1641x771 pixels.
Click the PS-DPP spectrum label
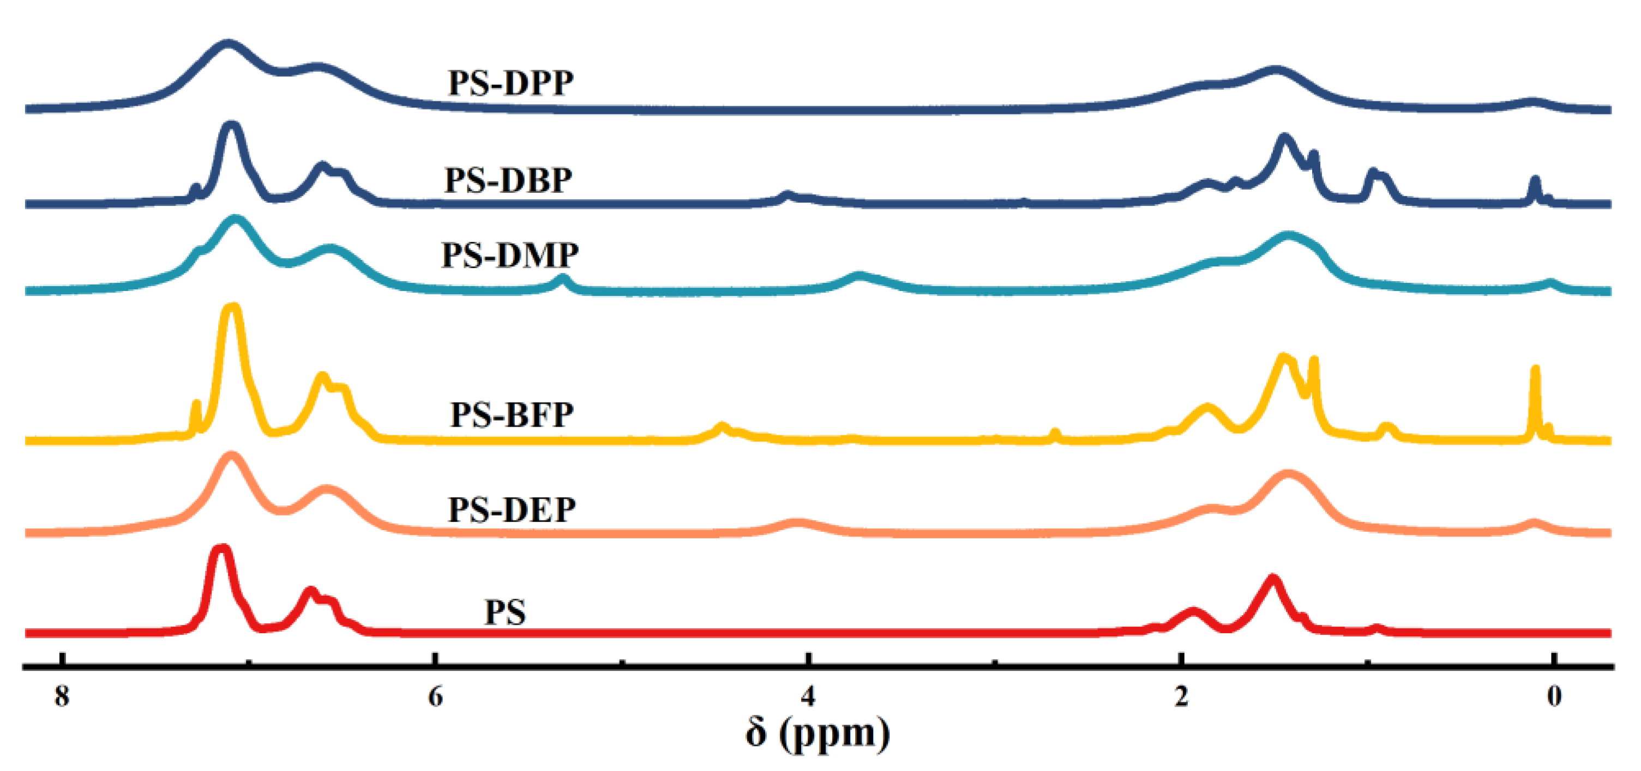click(x=510, y=83)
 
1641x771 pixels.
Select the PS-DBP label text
click(x=508, y=180)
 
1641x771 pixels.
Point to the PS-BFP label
click(x=512, y=415)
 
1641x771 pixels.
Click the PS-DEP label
click(x=512, y=509)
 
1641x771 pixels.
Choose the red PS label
click(x=505, y=612)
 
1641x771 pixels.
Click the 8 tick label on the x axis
click(x=62, y=696)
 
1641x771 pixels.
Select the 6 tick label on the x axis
click(x=435, y=696)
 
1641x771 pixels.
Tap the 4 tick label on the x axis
click(x=808, y=696)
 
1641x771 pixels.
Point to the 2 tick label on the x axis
click(x=1181, y=696)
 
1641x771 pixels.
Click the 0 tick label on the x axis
click(x=1554, y=696)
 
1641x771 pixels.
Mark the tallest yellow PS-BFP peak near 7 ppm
click(x=232, y=309)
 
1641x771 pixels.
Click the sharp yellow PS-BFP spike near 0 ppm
click(x=1535, y=369)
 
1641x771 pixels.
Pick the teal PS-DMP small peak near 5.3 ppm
click(x=562, y=278)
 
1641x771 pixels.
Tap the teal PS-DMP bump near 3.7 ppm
click(x=859, y=276)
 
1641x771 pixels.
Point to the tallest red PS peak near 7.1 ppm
click(x=221, y=549)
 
